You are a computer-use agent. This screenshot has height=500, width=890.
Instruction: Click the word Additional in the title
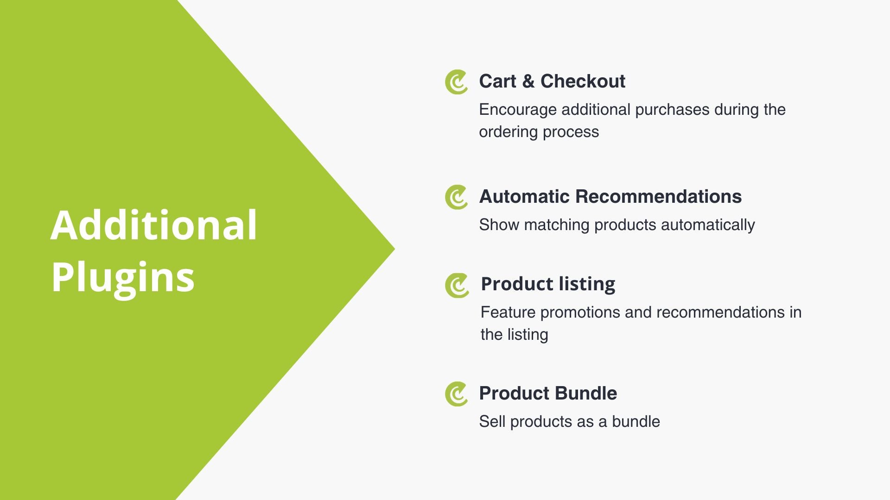[153, 225]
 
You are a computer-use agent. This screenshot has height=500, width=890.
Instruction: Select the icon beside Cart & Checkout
[456, 82]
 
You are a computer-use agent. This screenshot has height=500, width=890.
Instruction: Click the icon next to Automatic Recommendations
[456, 197]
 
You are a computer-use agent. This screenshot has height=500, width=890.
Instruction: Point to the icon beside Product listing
[457, 285]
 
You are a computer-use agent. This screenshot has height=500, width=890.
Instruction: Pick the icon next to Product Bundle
[456, 394]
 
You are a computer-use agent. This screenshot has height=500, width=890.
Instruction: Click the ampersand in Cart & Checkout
[528, 81]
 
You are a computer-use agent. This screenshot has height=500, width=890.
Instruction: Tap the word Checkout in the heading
[583, 81]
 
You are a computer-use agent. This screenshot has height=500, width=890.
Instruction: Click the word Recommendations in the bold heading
[658, 197]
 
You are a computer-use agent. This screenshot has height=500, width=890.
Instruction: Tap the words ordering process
[539, 132]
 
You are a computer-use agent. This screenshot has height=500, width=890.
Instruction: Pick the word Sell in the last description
[492, 422]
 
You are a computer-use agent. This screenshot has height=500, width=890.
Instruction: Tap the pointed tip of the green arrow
[394, 249]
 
